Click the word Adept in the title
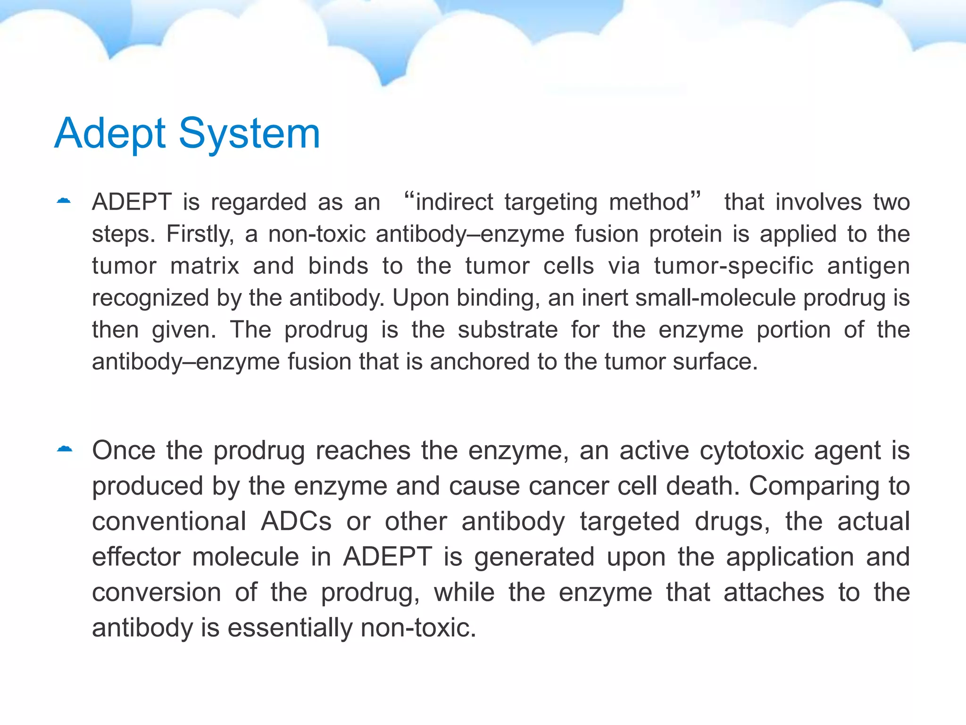110,134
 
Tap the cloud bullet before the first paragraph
64,201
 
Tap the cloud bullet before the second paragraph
65,449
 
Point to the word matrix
205,266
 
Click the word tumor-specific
733,266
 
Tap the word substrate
508,329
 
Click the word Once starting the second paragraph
124,450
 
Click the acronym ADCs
296,521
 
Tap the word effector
136,556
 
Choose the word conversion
156,592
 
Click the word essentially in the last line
290,628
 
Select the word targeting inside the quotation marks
551,202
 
